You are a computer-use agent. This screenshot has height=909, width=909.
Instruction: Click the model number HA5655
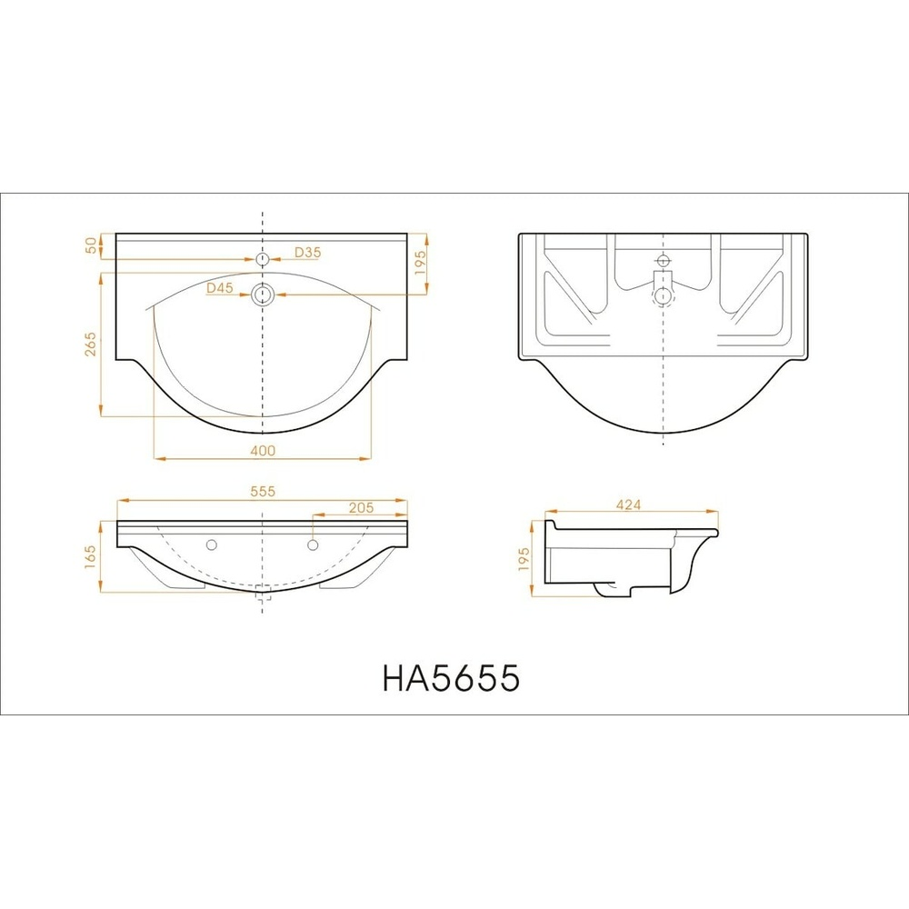[451, 677]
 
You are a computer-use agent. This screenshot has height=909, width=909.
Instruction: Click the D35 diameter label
[307, 252]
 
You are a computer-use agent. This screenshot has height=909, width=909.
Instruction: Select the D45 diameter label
[220, 288]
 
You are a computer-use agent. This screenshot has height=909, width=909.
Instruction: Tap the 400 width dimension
[263, 451]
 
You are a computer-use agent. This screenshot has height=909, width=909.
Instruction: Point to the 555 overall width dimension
[263, 492]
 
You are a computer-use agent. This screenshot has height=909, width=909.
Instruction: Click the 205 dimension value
[361, 508]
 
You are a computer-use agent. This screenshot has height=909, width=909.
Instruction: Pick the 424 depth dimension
[628, 504]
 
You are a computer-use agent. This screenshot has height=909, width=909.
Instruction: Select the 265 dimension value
[91, 344]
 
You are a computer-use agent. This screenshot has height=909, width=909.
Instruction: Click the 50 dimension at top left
[91, 245]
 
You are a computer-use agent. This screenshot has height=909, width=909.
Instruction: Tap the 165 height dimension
[90, 556]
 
